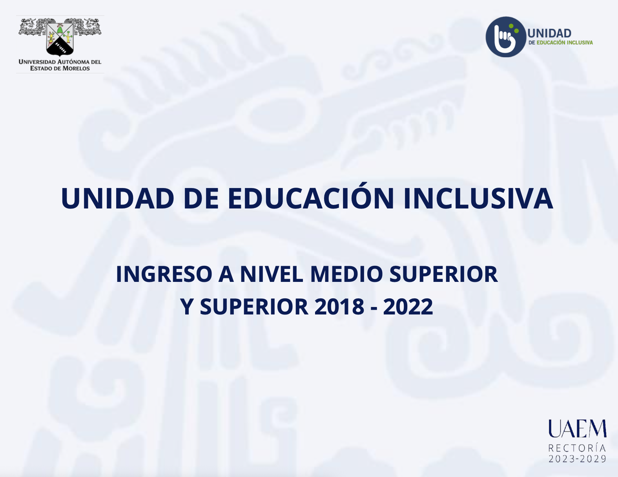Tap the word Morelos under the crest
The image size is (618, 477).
pos(76,68)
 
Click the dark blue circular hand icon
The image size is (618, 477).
pos(506,37)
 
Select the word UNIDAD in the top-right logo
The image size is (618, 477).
pos(549,33)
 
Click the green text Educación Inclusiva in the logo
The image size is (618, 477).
pos(565,43)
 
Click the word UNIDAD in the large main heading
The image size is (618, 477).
pos(117,198)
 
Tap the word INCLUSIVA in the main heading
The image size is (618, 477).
pos(478,198)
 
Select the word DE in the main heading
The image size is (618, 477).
pos(201,198)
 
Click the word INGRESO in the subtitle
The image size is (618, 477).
pos(164,274)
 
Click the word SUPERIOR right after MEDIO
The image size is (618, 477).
pos(444,274)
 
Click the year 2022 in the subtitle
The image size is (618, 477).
pos(408,307)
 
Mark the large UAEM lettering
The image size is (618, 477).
pos(577,428)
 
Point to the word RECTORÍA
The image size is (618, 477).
pos(577,448)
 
